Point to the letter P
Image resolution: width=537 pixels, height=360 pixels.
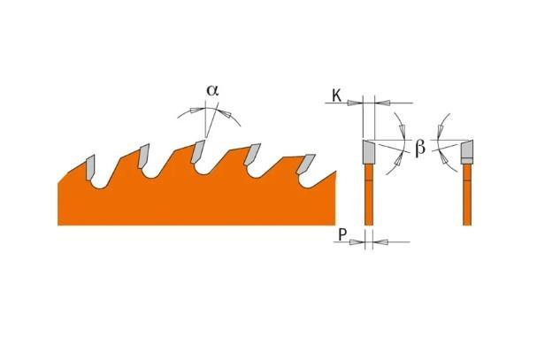tap(340, 236)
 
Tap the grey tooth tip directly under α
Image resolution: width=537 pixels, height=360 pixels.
tap(199, 149)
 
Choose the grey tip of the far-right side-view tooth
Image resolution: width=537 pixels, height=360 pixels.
tap(466, 151)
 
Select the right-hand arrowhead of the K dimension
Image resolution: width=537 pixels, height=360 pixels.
tap(381, 103)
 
